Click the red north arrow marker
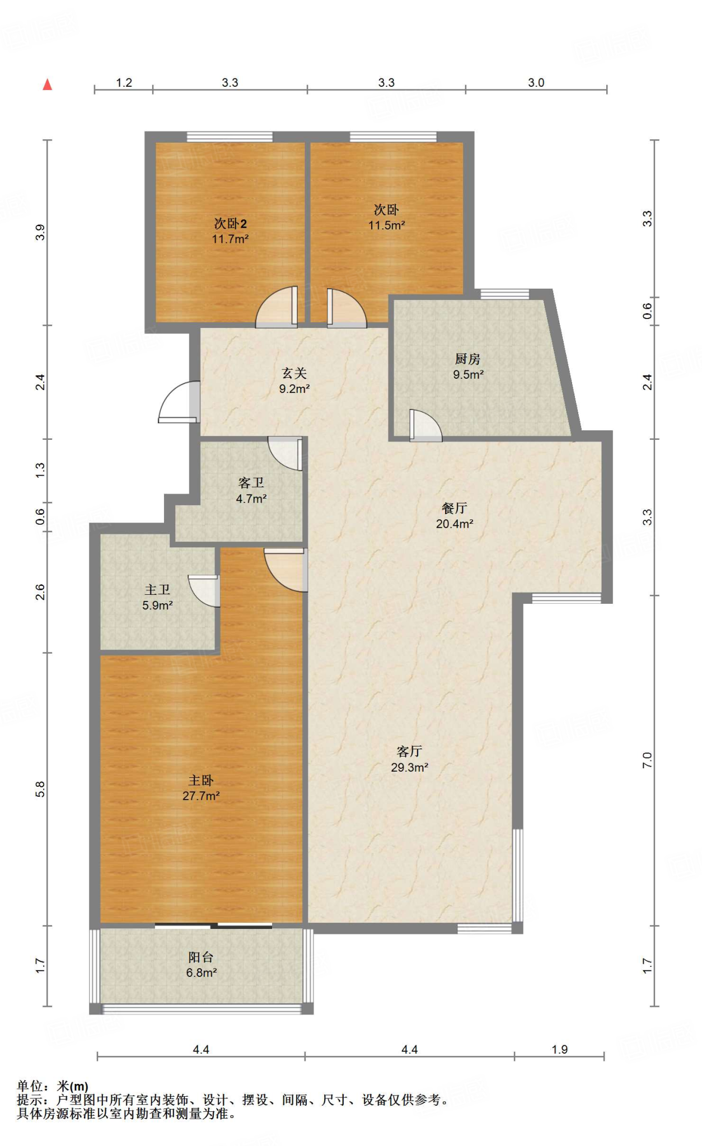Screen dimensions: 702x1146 [48, 84]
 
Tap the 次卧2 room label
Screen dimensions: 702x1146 [230, 224]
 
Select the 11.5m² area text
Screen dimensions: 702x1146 [386, 226]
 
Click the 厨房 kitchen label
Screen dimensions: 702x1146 [467, 359]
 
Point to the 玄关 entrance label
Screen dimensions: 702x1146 [294, 373]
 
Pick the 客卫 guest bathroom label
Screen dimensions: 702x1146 [251, 482]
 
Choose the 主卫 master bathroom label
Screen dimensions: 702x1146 [157, 589]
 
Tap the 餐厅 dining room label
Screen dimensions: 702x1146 [454, 508]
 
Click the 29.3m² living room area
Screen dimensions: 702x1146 [409, 767]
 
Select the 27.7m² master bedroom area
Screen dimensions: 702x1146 [201, 796]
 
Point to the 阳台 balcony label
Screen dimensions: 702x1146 [201, 957]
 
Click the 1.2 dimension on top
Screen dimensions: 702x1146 [124, 83]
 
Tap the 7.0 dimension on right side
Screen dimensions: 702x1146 [647, 760]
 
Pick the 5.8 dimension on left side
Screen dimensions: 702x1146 [40, 789]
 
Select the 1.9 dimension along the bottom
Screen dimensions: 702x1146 [559, 1050]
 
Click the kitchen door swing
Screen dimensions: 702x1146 [425, 425]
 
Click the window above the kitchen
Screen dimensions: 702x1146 [504, 294]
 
